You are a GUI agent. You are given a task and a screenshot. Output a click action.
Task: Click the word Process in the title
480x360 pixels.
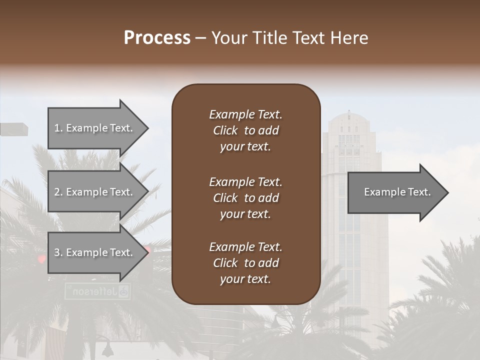(157, 38)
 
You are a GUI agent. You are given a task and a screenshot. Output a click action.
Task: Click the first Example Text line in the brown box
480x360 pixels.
(245, 114)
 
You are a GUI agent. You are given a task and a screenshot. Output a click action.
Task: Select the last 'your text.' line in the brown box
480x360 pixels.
(245, 279)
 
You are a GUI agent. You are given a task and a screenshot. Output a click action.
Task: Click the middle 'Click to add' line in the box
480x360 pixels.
(245, 198)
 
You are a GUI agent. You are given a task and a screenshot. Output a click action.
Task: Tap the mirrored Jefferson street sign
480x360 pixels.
(98, 291)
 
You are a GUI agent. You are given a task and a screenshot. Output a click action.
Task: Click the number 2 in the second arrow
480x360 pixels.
(56, 192)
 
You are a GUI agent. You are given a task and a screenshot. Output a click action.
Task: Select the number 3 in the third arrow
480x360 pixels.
(56, 252)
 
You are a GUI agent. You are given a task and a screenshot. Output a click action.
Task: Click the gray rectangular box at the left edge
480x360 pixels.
(13, 129)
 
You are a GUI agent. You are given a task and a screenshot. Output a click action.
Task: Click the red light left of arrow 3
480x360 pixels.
(41, 258)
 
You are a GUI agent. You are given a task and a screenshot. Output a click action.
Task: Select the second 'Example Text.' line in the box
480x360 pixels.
(245, 182)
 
